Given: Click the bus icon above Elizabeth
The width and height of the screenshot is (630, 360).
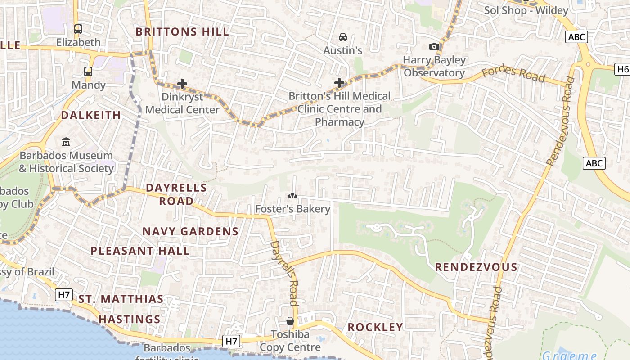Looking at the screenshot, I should [78, 29].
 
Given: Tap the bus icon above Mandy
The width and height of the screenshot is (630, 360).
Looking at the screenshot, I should [88, 72].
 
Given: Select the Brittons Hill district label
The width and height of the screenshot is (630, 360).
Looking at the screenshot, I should [182, 32].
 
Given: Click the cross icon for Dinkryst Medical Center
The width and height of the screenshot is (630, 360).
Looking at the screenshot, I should [182, 84].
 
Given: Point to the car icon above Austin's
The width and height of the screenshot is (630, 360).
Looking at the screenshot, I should [343, 37].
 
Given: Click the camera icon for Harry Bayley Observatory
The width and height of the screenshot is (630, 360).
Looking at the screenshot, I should [434, 47].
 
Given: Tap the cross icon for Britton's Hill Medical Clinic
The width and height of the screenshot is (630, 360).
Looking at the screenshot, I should [339, 83].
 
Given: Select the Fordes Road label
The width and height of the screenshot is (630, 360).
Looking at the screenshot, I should [513, 74].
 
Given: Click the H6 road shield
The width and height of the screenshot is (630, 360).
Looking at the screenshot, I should [622, 69].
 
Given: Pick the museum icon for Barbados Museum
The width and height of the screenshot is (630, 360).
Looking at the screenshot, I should [66, 142].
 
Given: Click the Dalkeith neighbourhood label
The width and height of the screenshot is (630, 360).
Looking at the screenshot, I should [91, 115].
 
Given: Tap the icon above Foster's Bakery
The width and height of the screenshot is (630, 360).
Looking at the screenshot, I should [292, 196].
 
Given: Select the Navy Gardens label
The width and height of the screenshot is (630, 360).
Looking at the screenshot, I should [190, 232].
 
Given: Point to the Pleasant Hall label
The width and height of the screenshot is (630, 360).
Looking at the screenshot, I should [140, 251].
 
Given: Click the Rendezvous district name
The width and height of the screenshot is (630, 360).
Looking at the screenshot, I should [476, 267].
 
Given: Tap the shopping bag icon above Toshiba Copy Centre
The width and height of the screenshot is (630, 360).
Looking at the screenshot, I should [290, 321].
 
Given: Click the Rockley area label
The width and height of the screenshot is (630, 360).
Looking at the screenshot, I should [375, 327].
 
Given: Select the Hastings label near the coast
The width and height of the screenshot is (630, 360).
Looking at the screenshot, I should [130, 319].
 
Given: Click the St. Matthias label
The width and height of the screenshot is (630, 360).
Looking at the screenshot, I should [121, 299].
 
